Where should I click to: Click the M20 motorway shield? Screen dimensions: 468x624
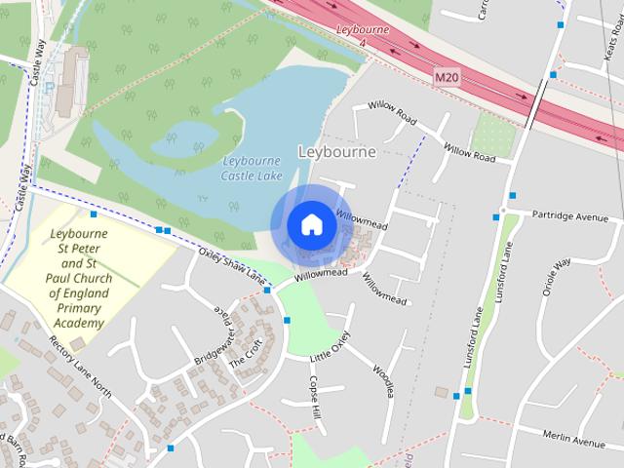point(447,77)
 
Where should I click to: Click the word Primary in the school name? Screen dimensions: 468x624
point(80,308)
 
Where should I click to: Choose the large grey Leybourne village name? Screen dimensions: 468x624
point(335,151)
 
